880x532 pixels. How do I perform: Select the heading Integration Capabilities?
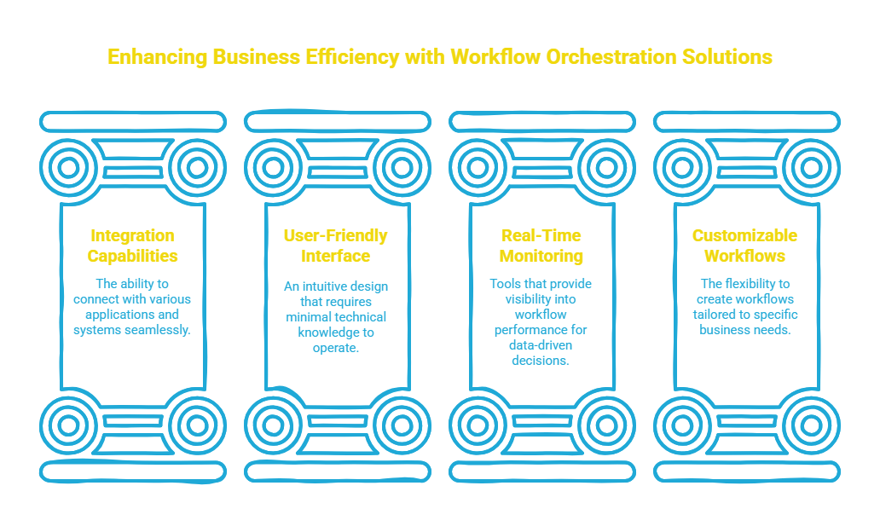pyautogui.click(x=132, y=246)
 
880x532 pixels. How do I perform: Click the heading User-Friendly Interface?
pyautogui.click(x=335, y=246)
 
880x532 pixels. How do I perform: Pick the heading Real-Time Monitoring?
pyautogui.click(x=542, y=246)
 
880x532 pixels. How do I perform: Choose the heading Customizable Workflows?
pyautogui.click(x=744, y=246)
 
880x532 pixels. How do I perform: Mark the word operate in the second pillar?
pyautogui.click(x=335, y=347)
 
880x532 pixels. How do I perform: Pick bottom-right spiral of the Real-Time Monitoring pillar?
pyautogui.click(x=606, y=424)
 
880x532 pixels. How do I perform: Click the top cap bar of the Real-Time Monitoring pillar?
pyautogui.click(x=542, y=122)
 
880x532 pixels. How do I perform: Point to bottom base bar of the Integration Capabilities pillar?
pyautogui.click(x=132, y=471)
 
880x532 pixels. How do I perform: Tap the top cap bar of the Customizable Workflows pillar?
pyautogui.click(x=746, y=122)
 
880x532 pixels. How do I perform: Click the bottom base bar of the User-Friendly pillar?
pyautogui.click(x=337, y=471)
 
